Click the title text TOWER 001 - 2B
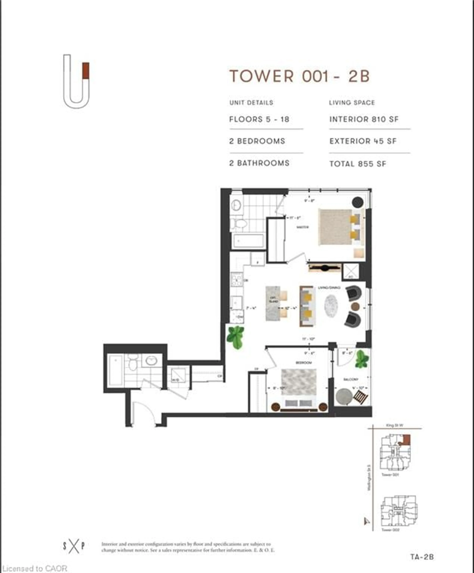pyautogui.click(x=300, y=76)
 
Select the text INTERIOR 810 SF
pyautogui.click(x=364, y=119)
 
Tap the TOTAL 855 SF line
pyautogui.click(x=358, y=164)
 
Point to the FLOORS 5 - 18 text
pyautogui.click(x=259, y=119)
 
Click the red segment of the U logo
pyautogui.click(x=86, y=71)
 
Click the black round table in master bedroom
pyautogui.click(x=357, y=202)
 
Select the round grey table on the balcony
pyautogui.click(x=344, y=396)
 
